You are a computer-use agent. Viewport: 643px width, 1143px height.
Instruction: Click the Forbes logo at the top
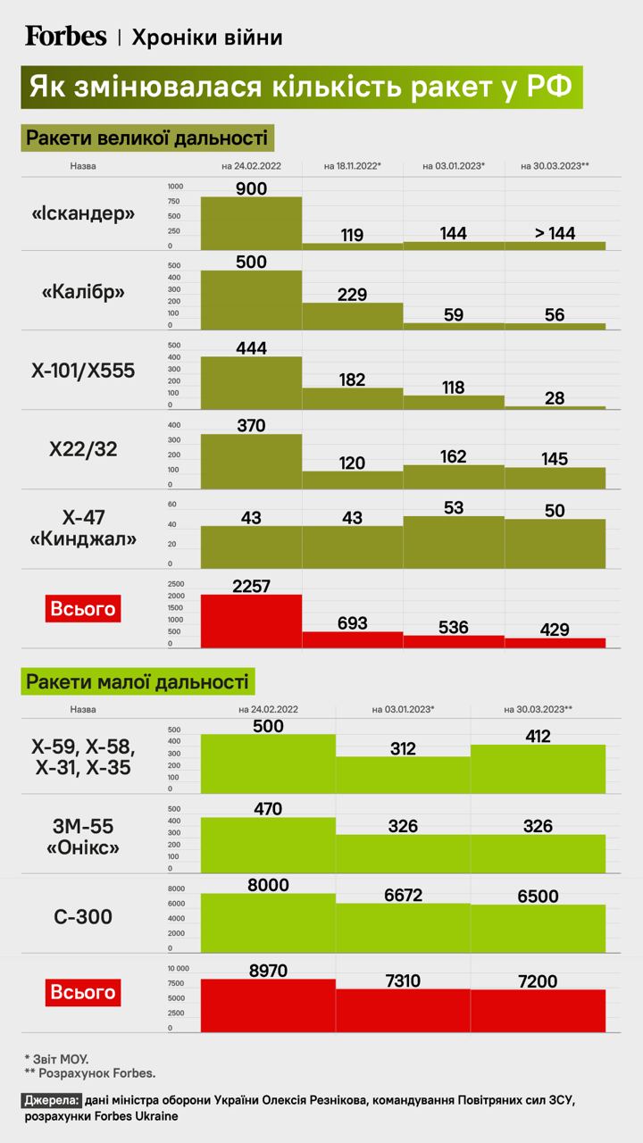point(66,36)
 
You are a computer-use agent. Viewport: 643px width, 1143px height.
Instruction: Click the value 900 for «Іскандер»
point(252,188)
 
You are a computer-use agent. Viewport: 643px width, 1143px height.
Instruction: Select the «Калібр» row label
point(83,293)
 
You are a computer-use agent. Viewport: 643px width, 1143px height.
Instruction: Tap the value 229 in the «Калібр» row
point(353,295)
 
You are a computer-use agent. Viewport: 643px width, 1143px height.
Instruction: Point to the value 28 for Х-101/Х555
point(555,398)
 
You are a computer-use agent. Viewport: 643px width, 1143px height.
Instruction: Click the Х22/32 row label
point(83,450)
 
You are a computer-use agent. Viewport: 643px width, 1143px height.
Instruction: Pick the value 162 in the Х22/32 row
point(454,456)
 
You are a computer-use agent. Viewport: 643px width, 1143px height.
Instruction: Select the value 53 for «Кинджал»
point(454,508)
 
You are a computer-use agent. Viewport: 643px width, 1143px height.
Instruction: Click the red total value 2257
point(252,586)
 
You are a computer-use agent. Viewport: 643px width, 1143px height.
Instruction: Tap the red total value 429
point(555,629)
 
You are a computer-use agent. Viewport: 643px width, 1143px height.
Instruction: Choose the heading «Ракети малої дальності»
point(138,682)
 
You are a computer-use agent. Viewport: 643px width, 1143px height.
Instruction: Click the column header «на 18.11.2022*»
point(353,166)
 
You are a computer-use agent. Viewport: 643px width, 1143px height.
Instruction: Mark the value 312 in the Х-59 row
point(403,748)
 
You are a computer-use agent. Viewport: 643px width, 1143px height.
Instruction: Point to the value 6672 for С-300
point(403,894)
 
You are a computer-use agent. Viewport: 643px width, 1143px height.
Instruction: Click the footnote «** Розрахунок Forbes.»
point(90,1072)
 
